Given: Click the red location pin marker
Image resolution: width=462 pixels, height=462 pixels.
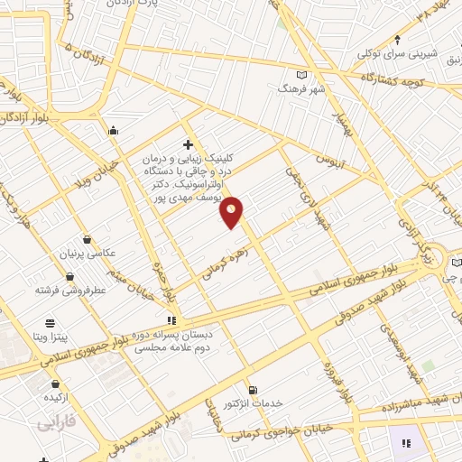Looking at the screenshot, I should (x=232, y=211).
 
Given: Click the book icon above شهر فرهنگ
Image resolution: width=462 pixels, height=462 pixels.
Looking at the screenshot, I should (x=301, y=75).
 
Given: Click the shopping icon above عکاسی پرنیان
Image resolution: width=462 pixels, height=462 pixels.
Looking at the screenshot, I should (x=87, y=239).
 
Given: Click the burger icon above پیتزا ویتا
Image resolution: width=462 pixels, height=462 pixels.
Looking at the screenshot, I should (x=50, y=321).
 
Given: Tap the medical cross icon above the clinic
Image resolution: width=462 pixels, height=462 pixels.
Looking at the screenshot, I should (x=188, y=144).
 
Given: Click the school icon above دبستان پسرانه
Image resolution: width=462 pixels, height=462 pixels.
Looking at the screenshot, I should (x=171, y=320).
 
